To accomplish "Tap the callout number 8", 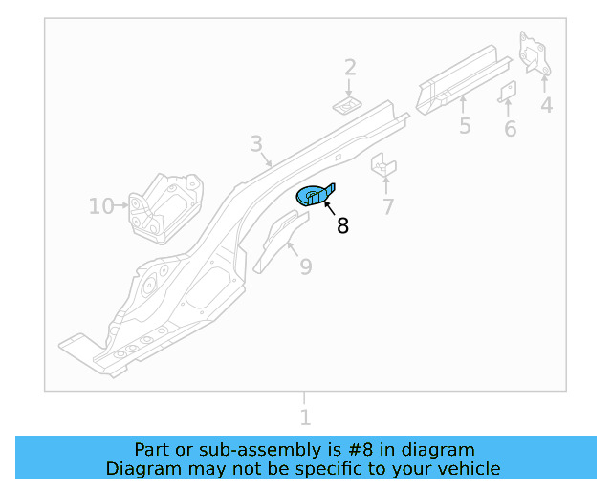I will point(342,226).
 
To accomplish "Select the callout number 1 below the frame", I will point(305,417).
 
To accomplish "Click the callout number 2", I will point(350,68).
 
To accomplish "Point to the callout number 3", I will point(256,144).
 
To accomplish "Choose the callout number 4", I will point(546,105).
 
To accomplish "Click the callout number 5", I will point(464,126).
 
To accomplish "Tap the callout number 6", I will point(510,129).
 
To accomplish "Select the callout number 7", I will point(388,206).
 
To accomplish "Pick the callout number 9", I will point(305,266).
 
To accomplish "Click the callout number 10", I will point(101,205).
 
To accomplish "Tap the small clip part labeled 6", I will point(508,92).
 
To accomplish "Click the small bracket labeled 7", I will point(383,165).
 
